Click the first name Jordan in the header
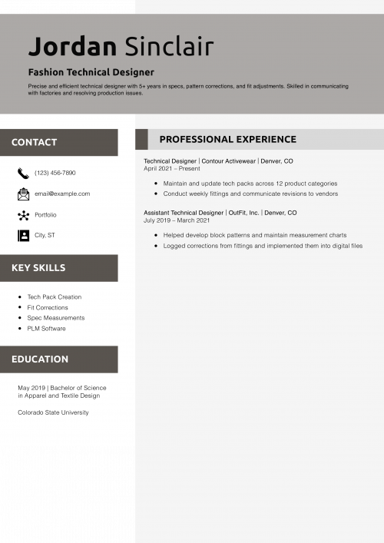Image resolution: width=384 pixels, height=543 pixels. click(72, 47)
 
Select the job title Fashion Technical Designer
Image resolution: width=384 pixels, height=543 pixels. click(91, 72)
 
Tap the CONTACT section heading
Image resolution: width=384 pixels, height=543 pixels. click(34, 142)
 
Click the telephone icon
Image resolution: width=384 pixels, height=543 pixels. click(23, 173)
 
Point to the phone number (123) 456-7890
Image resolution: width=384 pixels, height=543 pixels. click(55, 173)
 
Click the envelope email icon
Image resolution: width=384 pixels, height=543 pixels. click(23, 194)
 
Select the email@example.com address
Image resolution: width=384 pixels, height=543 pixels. click(62, 194)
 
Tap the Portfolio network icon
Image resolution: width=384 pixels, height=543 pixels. click(23, 215)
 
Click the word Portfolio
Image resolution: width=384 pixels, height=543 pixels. click(45, 215)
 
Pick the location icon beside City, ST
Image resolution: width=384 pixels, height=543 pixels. click(23, 235)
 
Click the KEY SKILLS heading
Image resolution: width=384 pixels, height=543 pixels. click(38, 268)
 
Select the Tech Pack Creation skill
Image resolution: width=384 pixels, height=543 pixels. click(55, 296)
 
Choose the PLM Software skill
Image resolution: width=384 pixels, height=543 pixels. click(47, 329)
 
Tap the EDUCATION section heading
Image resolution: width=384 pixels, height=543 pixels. click(40, 359)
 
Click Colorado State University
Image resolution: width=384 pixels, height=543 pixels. click(53, 412)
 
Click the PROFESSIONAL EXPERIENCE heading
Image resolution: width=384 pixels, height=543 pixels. click(227, 140)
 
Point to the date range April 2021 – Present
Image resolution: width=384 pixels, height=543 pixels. click(172, 168)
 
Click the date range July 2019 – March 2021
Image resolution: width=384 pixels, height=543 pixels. click(177, 220)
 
